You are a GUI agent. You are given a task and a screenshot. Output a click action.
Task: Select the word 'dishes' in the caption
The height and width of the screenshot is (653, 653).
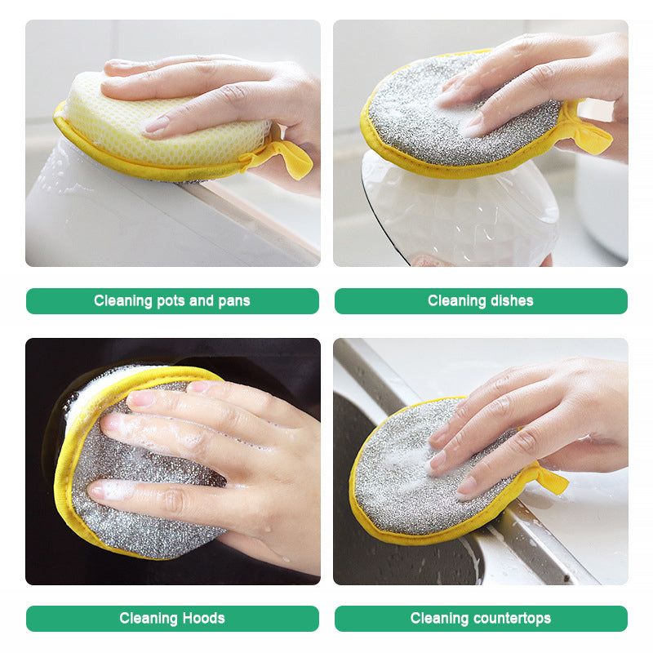pyautogui.click(x=508, y=301)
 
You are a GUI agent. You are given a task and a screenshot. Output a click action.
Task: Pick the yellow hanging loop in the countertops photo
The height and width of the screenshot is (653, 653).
pyautogui.click(x=549, y=479)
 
